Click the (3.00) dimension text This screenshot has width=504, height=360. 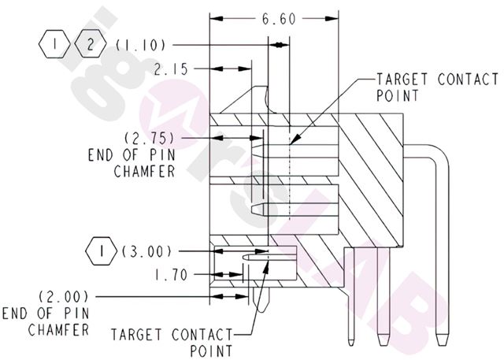point(147,252)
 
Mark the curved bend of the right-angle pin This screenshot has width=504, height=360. point(438,154)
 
